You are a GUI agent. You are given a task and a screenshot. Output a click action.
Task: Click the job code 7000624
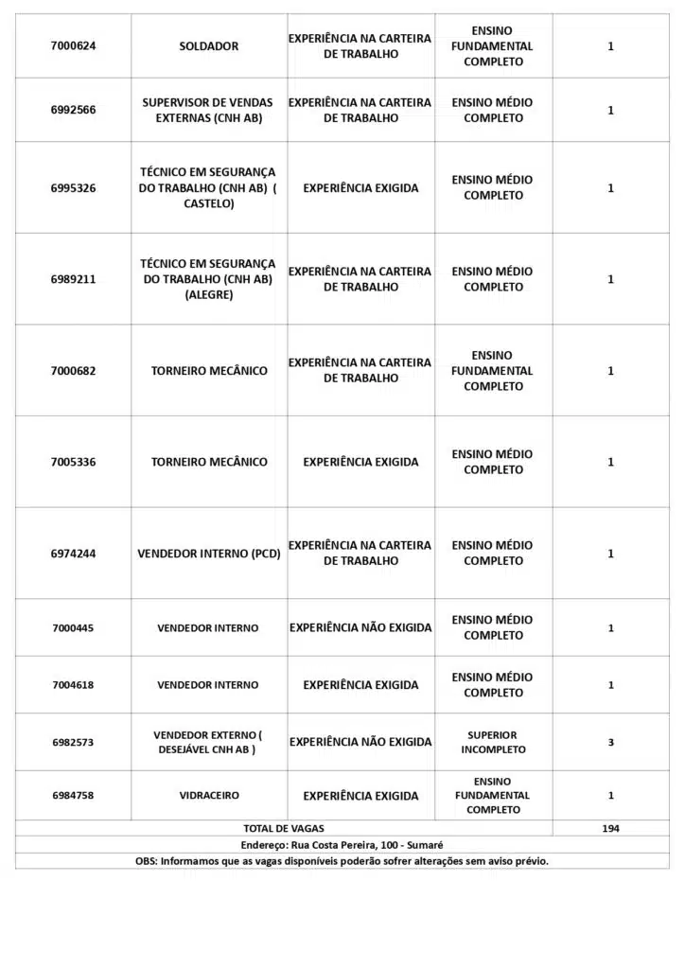pyautogui.click(x=73, y=46)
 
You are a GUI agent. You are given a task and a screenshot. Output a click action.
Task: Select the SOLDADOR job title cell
pyautogui.click(x=209, y=46)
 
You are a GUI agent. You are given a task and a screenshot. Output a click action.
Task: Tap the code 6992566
pyautogui.click(x=73, y=110)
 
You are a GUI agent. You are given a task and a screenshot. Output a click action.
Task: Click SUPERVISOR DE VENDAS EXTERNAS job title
pyautogui.click(x=208, y=110)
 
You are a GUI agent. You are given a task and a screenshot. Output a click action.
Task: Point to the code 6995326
pyautogui.click(x=73, y=188)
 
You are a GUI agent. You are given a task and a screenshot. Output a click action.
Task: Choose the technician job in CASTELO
pyautogui.click(x=208, y=188)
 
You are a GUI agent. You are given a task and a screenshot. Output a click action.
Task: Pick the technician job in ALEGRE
pyautogui.click(x=208, y=279)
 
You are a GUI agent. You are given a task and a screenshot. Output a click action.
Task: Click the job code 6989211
pyautogui.click(x=73, y=279)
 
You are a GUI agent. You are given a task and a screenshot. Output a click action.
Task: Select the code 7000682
pyautogui.click(x=73, y=371)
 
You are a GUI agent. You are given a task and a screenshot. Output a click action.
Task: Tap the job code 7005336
pyautogui.click(x=73, y=462)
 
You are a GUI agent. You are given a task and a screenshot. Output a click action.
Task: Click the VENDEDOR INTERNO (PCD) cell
pyautogui.click(x=209, y=554)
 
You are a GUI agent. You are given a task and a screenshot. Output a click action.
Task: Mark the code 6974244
pyautogui.click(x=73, y=554)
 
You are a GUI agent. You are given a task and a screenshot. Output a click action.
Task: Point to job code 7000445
pyautogui.click(x=73, y=628)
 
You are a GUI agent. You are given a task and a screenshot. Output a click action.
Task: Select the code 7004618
pyautogui.click(x=73, y=685)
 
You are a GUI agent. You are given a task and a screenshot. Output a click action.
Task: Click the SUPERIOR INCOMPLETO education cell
pyautogui.click(x=493, y=742)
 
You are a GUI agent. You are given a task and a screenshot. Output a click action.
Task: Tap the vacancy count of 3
pyautogui.click(x=610, y=742)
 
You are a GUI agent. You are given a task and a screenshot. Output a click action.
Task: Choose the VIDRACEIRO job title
pyautogui.click(x=209, y=796)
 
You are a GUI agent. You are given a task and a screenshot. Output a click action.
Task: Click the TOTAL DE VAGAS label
pyautogui.click(x=284, y=828)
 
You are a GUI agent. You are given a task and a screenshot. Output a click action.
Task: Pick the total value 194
pyautogui.click(x=610, y=828)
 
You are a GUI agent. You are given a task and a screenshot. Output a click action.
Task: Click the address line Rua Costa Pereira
pyautogui.click(x=342, y=844)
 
